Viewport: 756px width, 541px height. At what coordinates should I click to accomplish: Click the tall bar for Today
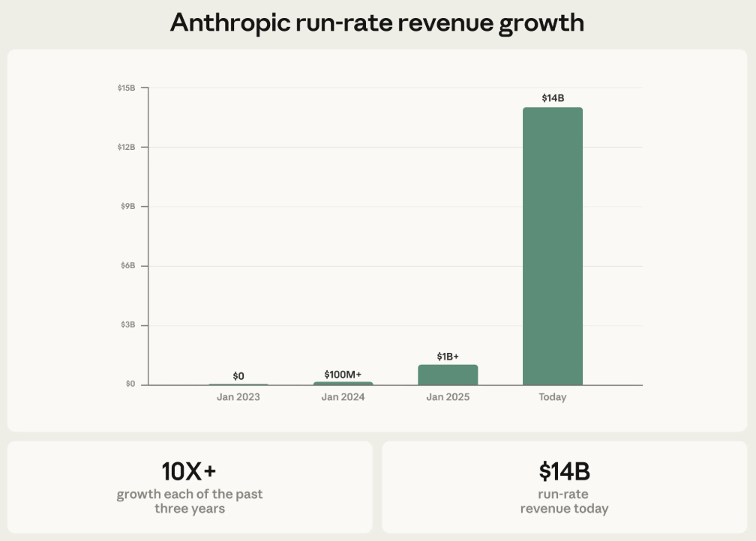pos(552,246)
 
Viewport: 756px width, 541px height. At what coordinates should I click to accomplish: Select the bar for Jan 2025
pos(448,375)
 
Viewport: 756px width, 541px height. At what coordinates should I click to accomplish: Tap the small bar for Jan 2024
pos(343,383)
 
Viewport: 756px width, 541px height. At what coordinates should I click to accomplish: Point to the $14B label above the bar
pos(553,98)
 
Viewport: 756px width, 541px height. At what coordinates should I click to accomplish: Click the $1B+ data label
pos(448,356)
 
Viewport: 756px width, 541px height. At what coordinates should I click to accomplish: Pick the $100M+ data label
pos(343,374)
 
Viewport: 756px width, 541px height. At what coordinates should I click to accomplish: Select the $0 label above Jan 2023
pos(238,376)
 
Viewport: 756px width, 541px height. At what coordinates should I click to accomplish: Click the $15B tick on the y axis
pos(126,88)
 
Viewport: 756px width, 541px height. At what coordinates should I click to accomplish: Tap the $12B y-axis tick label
pos(126,147)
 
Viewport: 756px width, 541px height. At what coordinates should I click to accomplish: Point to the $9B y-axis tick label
pos(127,206)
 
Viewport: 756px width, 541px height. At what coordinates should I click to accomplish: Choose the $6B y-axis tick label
pos(127,266)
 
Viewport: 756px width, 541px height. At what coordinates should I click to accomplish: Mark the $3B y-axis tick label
pos(127,325)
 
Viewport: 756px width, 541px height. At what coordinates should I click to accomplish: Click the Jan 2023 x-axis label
pos(238,397)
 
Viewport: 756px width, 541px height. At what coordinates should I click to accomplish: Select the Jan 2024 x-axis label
pos(343,397)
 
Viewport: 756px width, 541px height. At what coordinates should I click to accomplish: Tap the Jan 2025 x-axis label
pos(448,397)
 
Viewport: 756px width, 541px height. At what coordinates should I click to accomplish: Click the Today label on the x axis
pos(553,397)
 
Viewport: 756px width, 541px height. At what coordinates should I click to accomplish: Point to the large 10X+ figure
pos(189,471)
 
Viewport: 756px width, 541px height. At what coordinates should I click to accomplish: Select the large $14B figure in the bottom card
pos(564,471)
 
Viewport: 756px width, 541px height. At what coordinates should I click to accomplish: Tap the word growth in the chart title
pos(541,22)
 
